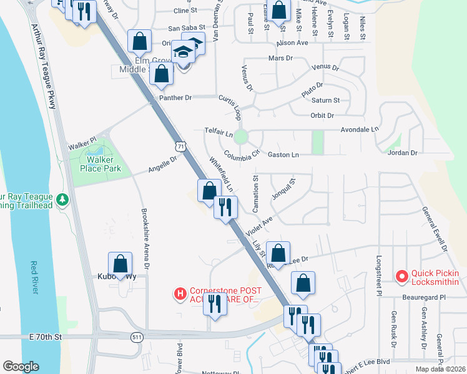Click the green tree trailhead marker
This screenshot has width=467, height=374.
62,199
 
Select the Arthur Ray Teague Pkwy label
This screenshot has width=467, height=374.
42,64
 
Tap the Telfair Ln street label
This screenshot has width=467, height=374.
219,133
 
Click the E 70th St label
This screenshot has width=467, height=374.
46,337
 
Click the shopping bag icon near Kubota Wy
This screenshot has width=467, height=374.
120,262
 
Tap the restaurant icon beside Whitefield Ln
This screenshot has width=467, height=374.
225,206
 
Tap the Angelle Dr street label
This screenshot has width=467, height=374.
163,165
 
